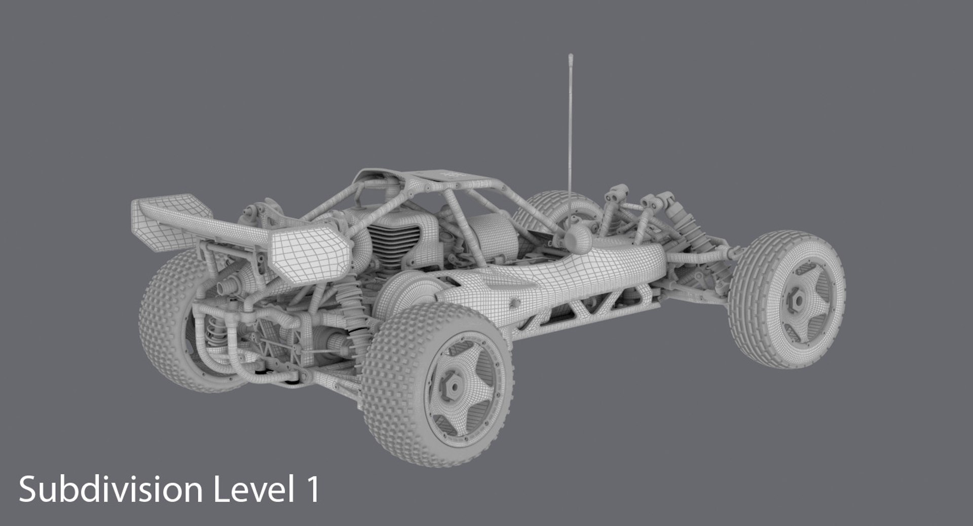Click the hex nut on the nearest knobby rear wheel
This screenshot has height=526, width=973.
(x=453, y=386)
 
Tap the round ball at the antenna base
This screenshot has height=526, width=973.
(x=577, y=236)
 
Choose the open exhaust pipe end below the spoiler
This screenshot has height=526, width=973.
(x=223, y=288)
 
